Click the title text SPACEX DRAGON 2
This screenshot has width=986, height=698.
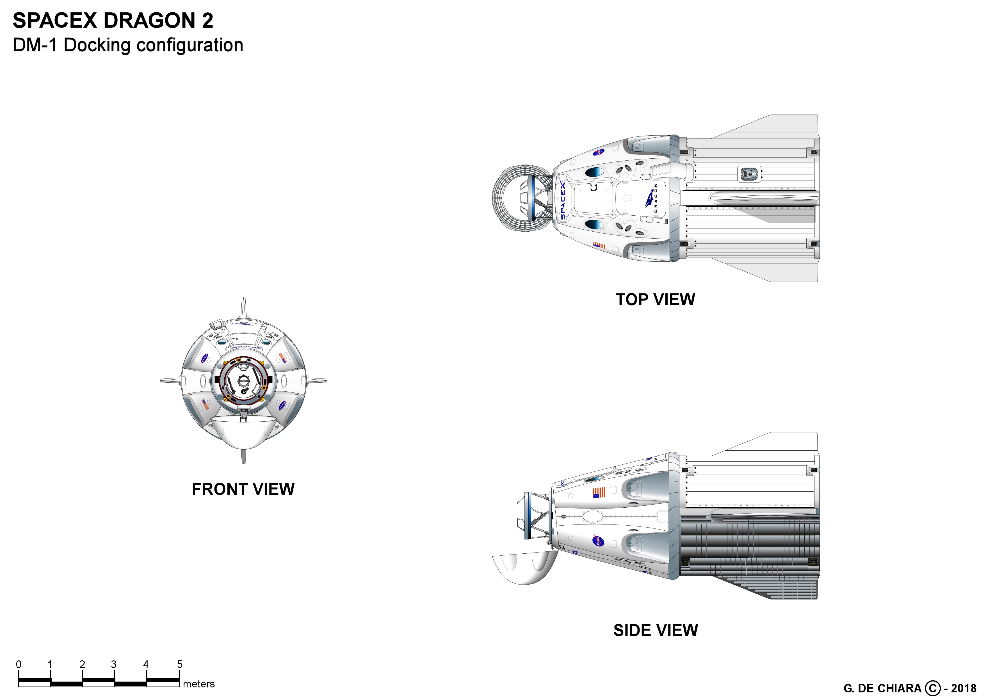113,20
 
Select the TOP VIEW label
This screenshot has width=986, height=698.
655,300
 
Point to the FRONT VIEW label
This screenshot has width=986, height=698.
243,489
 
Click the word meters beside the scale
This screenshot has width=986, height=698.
198,684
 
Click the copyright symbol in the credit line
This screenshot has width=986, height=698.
932,688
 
